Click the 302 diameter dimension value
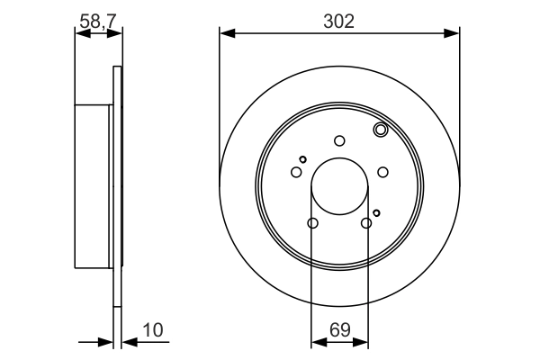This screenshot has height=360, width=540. [x=338, y=20]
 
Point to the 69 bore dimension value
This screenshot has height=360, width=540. [x=338, y=330]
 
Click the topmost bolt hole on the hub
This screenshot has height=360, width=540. [x=339, y=140]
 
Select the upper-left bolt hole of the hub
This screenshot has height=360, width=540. [x=296, y=172]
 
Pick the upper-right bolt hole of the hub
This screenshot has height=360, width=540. [x=382, y=172]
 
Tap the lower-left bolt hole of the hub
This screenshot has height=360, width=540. [x=312, y=223]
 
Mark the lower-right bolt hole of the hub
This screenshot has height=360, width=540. [x=366, y=223]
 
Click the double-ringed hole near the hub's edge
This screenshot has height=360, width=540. [x=380, y=131]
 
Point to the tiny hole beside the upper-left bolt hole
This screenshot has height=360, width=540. [x=303, y=159]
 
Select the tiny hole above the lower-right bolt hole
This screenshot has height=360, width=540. [x=376, y=212]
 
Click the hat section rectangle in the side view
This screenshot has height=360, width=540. [x=93, y=186]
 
